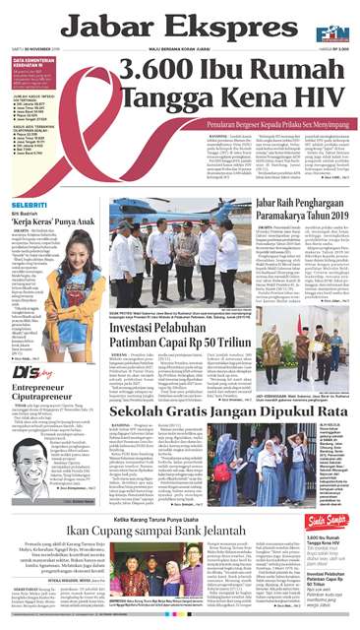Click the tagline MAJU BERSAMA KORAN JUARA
(x=177, y=51)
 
